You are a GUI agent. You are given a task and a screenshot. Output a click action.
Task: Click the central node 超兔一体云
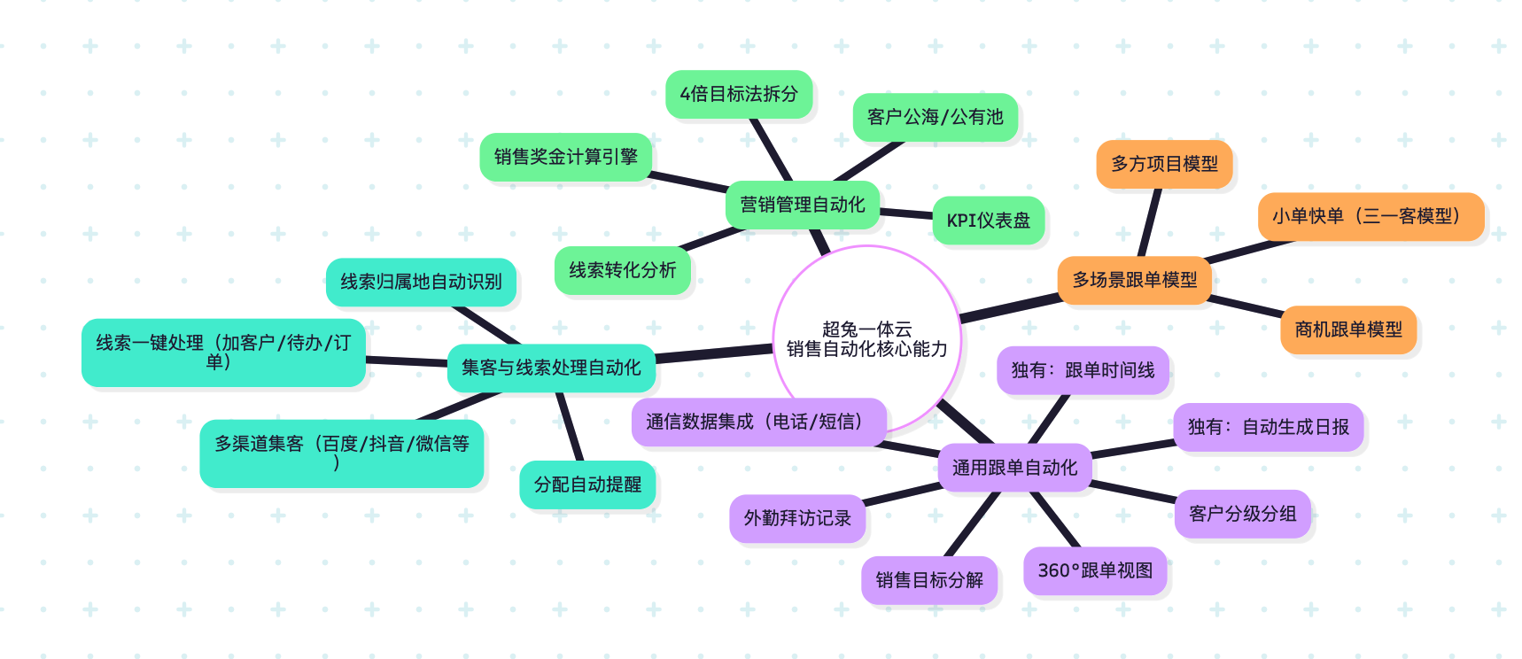tap(866, 339)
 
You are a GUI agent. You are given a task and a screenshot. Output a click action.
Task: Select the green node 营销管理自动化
tap(803, 205)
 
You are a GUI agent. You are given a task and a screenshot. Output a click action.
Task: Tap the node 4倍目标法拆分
tap(739, 94)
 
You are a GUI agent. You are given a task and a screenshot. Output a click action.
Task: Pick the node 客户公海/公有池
tap(935, 117)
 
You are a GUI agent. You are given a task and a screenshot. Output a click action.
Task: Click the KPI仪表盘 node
tap(988, 221)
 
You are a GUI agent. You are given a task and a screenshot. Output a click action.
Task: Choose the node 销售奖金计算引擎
tap(565, 157)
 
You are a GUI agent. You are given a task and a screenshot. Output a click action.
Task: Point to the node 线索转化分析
tap(622, 270)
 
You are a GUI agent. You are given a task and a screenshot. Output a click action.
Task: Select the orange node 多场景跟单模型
tap(1134, 280)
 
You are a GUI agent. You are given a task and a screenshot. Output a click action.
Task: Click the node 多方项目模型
tap(1164, 164)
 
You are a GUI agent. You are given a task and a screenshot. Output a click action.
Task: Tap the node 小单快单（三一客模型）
tap(1370, 216)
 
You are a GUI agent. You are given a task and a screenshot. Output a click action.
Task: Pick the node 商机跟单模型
tap(1348, 329)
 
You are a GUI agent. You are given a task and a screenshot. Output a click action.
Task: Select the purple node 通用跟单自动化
tap(1014, 468)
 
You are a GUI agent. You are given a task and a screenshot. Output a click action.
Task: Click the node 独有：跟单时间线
tap(1083, 370)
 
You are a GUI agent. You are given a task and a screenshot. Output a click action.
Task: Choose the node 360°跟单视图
tap(1095, 570)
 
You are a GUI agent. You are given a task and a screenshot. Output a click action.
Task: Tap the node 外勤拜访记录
tap(797, 518)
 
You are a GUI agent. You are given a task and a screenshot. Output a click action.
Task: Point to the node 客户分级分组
tap(1242, 514)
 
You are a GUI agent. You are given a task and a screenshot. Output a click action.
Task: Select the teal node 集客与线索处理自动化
tap(551, 368)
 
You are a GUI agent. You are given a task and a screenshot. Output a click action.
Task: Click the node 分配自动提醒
tap(587, 485)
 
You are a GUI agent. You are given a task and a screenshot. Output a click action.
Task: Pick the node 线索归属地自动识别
tap(421, 282)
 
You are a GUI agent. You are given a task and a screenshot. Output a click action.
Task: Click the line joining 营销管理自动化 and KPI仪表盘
tap(906, 213)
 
